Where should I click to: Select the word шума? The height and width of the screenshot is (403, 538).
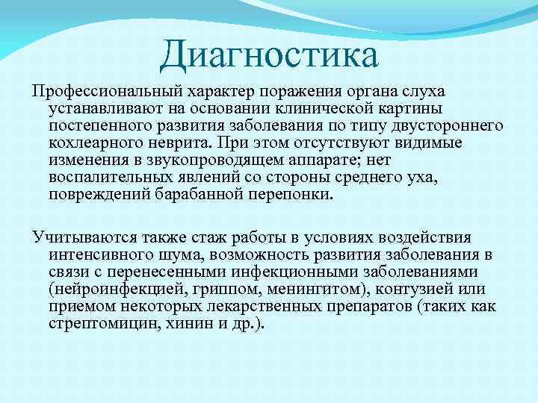point(173,254)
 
